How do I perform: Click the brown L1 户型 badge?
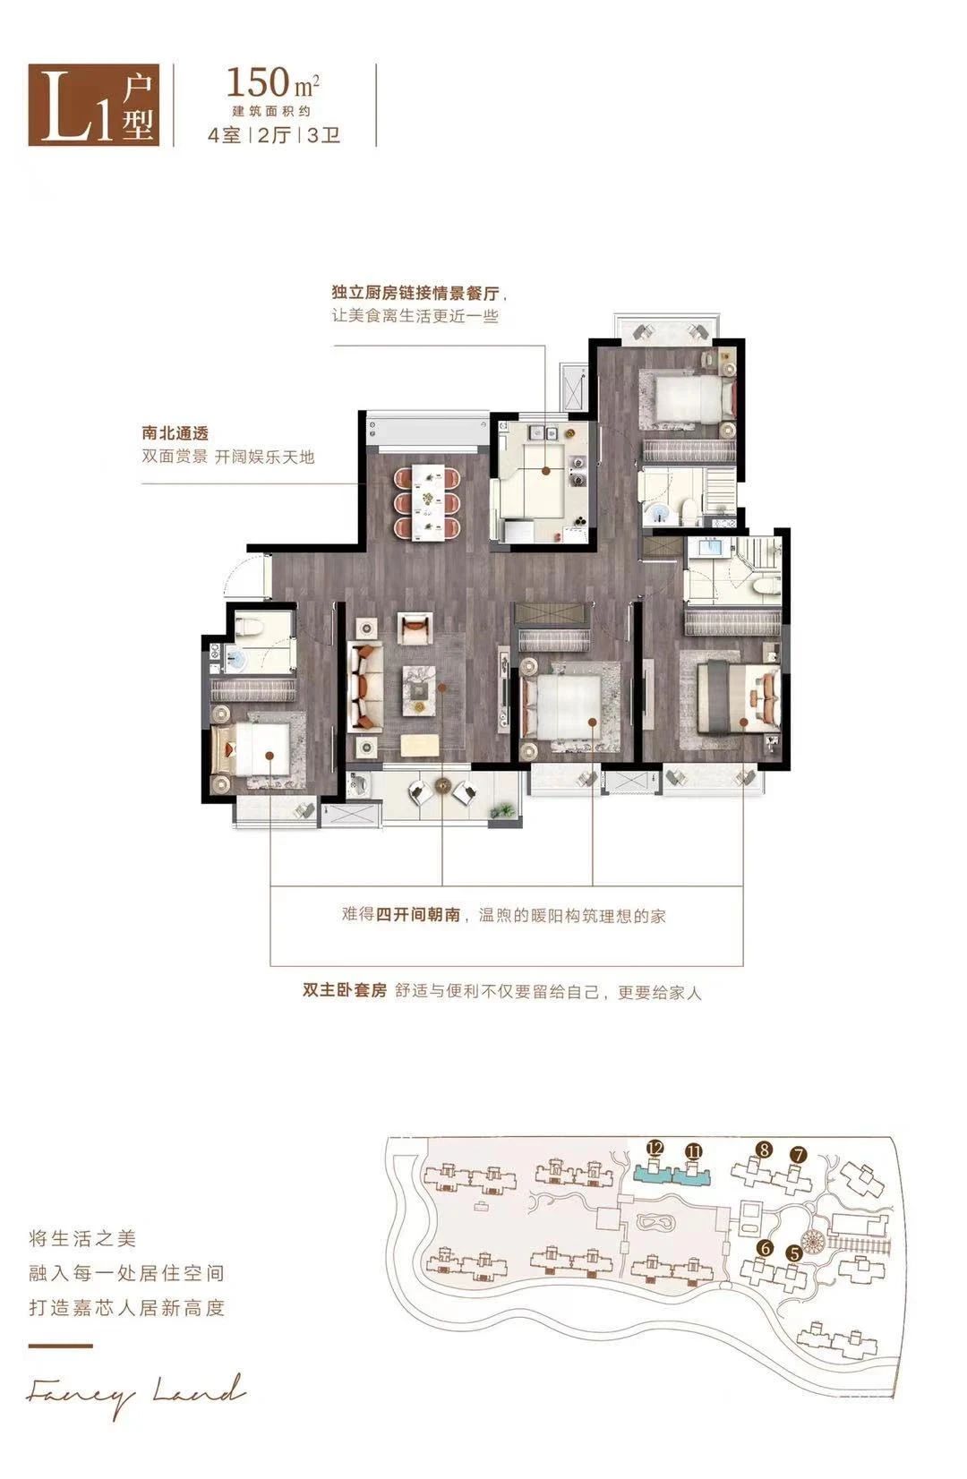(94, 105)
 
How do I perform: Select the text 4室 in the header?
(225, 135)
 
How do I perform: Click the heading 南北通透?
(175, 433)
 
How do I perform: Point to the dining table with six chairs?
(427, 502)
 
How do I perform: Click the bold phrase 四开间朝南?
(418, 914)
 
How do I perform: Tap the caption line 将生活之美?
(82, 1238)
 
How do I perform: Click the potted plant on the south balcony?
(503, 811)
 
